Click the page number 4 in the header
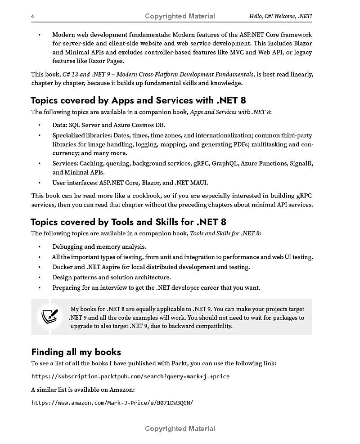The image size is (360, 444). coord(33,16)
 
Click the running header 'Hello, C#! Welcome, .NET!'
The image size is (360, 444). coord(280,16)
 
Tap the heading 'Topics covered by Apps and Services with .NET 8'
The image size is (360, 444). coord(138,100)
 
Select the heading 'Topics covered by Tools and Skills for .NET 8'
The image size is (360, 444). coord(128,222)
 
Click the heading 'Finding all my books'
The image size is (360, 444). coord(76,352)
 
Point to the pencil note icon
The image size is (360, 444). coord(49,316)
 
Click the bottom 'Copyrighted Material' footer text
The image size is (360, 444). coord(180,429)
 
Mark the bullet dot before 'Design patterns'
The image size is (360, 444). coord(40,278)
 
